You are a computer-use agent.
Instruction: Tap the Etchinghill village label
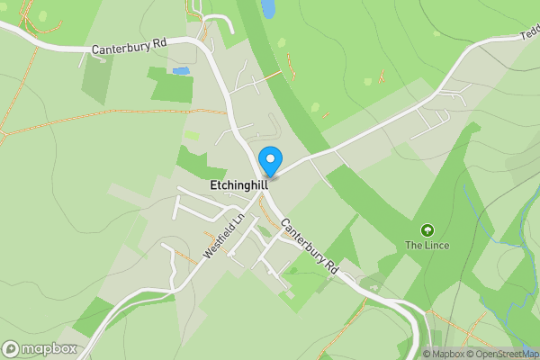click(x=238, y=184)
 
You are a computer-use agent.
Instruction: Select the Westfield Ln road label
click(x=224, y=237)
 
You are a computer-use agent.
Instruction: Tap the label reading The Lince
click(x=426, y=245)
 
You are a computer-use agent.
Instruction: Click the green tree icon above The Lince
click(x=426, y=230)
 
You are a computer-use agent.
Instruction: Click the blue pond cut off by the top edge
click(x=268, y=8)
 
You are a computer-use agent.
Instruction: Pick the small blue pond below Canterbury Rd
click(x=182, y=70)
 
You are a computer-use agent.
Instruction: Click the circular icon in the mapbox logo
click(x=11, y=349)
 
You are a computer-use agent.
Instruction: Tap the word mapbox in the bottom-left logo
click(x=49, y=349)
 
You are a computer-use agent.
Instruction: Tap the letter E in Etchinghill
click(x=212, y=184)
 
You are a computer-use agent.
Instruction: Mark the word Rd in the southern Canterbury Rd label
click(x=329, y=267)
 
